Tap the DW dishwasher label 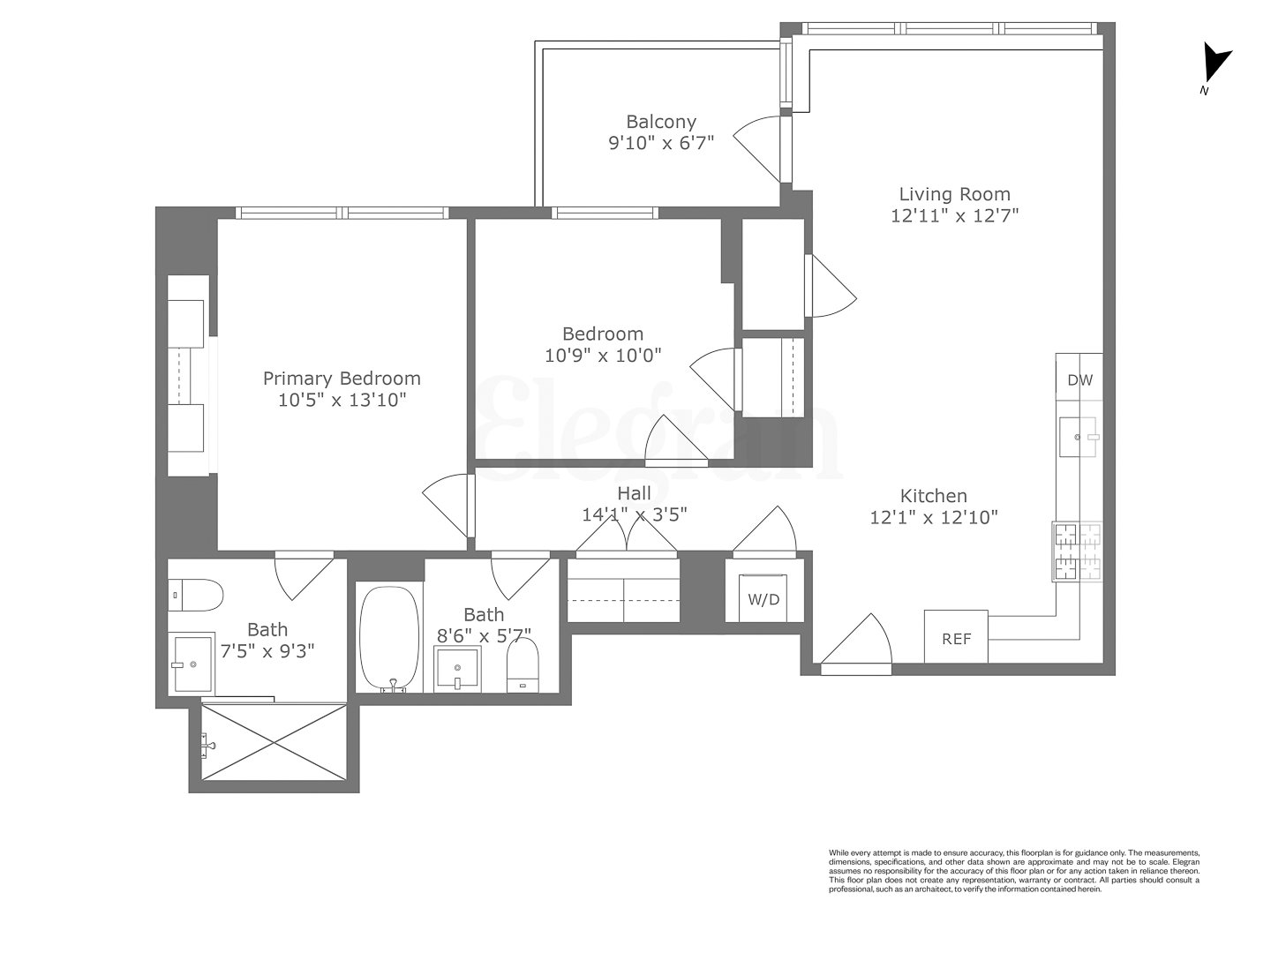click(x=1079, y=380)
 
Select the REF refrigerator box click(x=956, y=637)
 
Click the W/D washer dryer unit click(x=764, y=599)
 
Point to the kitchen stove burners click(x=1077, y=552)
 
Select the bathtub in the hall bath click(x=389, y=638)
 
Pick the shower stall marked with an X click(x=274, y=741)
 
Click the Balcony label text click(x=661, y=122)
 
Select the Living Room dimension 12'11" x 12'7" click(x=955, y=215)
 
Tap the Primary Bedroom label click(x=342, y=379)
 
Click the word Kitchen click(x=933, y=496)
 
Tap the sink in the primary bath click(x=193, y=664)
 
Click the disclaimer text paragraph click(x=1013, y=871)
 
